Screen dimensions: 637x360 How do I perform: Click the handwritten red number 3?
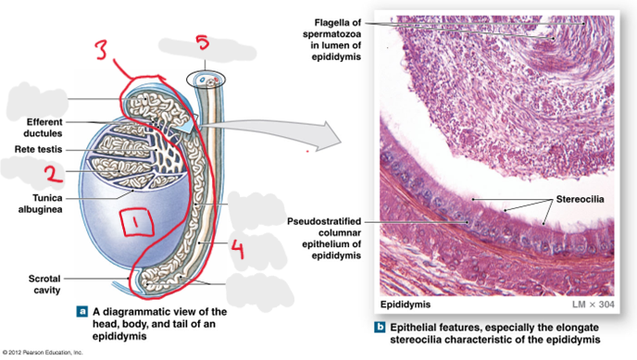(x=100, y=49)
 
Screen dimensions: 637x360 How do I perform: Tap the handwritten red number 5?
(x=203, y=42)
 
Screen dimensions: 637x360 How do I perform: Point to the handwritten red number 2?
(x=54, y=174)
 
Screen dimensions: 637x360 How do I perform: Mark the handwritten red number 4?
(x=237, y=249)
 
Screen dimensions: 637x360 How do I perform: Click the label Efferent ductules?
(x=43, y=128)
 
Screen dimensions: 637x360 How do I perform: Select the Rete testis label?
(x=38, y=149)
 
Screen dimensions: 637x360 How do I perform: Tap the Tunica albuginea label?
(x=40, y=204)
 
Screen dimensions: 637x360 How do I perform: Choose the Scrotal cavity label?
(x=44, y=284)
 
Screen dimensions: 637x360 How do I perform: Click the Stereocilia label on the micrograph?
(x=580, y=199)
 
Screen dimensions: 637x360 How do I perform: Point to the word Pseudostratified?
(x=324, y=221)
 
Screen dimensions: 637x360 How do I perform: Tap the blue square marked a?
(x=82, y=312)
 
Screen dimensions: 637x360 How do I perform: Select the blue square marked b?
(x=380, y=327)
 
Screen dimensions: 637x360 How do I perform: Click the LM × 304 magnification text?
(x=593, y=304)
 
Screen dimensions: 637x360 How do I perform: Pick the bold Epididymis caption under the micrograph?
(x=405, y=304)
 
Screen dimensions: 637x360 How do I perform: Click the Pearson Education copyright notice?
(x=43, y=353)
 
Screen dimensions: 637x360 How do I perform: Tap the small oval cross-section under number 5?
(x=206, y=80)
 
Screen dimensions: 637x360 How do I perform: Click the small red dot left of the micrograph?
(x=307, y=152)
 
